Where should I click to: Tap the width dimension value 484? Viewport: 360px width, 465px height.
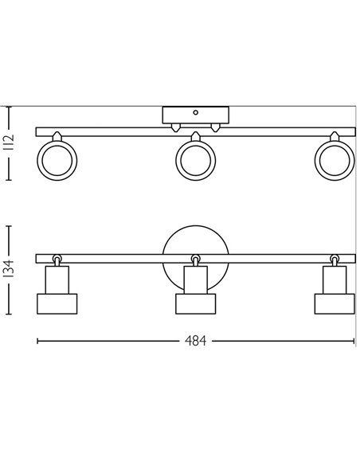click(195, 341)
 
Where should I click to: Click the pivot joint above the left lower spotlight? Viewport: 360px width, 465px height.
click(57, 259)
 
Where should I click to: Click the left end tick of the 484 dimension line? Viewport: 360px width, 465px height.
click(37, 341)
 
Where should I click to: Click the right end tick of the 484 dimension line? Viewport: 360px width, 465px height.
click(353, 341)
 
